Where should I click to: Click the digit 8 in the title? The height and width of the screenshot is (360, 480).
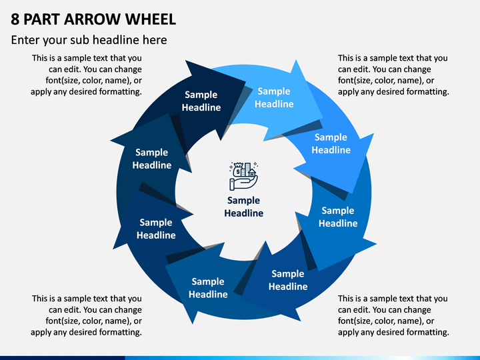point(15,19)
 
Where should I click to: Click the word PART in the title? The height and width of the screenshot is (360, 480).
point(41,19)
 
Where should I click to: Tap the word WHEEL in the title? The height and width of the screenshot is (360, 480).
point(151,19)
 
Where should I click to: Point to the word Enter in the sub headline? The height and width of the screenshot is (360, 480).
point(25,40)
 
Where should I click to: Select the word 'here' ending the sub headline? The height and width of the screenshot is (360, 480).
point(155,40)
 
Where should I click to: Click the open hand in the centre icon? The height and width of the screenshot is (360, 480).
point(243,183)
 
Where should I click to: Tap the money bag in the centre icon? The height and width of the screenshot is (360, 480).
point(238,170)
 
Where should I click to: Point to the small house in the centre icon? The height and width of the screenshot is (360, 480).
point(252,173)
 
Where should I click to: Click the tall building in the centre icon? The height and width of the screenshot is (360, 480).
point(247,169)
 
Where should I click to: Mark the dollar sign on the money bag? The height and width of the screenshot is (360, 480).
point(238,172)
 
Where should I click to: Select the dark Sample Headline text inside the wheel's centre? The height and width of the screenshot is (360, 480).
point(244,207)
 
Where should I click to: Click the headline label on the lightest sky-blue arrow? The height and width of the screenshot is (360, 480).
point(274,97)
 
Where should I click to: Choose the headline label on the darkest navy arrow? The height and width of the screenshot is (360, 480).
point(201,101)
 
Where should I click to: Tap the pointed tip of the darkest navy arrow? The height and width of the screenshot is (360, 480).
point(245,81)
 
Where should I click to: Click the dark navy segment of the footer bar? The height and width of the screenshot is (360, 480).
point(63,358)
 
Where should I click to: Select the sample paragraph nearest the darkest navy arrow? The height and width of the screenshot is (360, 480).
point(86,75)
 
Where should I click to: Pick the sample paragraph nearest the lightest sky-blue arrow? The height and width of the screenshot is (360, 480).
point(393,75)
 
